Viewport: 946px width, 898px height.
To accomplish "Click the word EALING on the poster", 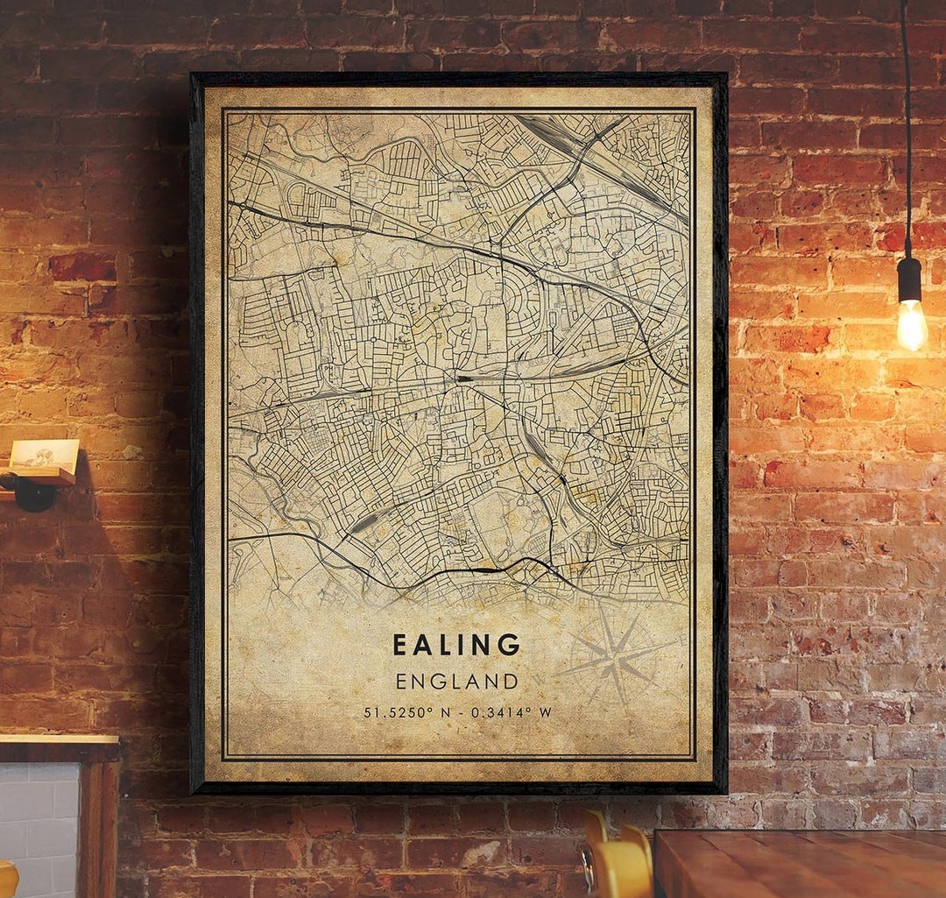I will coord(456,646).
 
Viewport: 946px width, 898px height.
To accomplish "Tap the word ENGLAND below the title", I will coord(456,681).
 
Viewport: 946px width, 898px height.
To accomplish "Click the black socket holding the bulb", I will coord(909,279).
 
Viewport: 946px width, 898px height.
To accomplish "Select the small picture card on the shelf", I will coord(44,453).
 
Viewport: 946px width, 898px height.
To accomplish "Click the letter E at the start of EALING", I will coord(399,646).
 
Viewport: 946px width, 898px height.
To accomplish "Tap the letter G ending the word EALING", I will coord(510,646).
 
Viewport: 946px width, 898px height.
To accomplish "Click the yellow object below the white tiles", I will coord(7,880).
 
